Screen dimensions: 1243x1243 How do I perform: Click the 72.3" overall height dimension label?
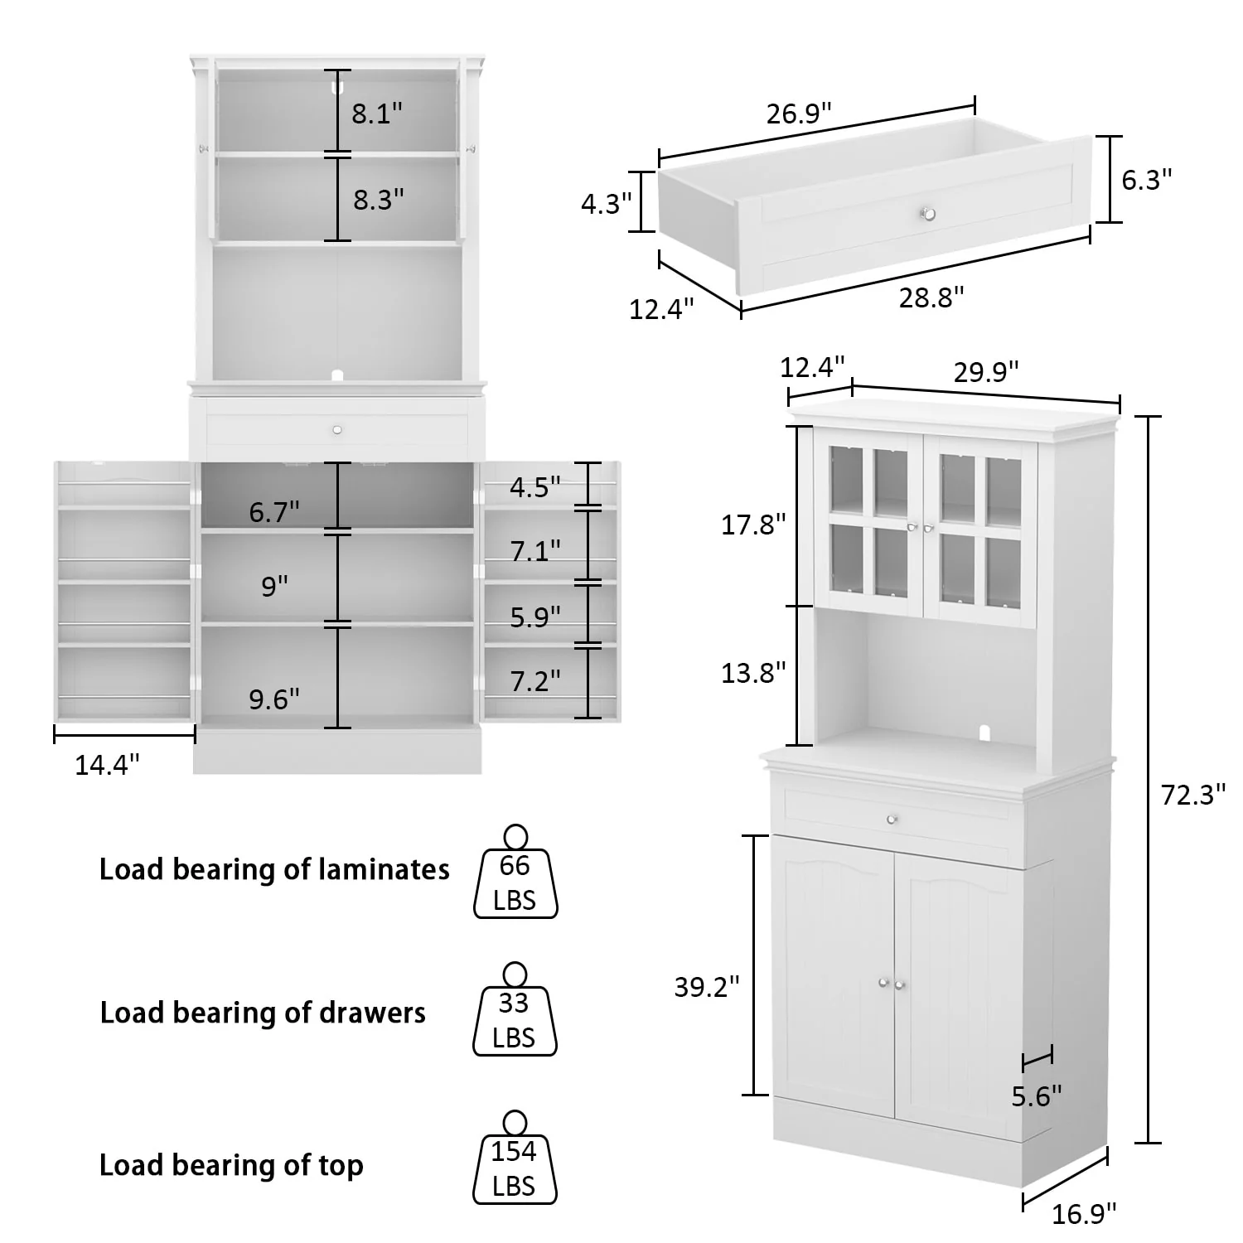pos(1192,796)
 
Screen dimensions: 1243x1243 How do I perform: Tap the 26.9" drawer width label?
pos(798,114)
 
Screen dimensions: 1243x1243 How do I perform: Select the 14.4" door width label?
pos(107,765)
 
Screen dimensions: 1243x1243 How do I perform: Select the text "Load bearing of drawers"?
pos(263,1013)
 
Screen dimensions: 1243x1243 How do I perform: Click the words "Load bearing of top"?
pos(231,1165)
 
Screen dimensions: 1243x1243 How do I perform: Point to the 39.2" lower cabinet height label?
pos(706,987)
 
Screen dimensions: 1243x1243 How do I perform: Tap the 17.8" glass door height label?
pos(752,525)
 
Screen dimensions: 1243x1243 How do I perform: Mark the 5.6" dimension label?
pos(1036,1096)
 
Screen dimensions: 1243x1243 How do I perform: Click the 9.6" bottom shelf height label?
pos(274,699)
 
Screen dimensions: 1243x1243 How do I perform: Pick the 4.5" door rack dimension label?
pos(534,487)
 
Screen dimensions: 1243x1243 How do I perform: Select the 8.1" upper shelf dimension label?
pos(377,114)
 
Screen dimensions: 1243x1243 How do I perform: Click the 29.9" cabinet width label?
pos(985,372)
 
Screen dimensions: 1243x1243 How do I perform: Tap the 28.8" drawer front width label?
pos(931,297)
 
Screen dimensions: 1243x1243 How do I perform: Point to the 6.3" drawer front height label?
pos(1147,179)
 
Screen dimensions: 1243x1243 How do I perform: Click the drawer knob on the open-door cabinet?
pos(336,429)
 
